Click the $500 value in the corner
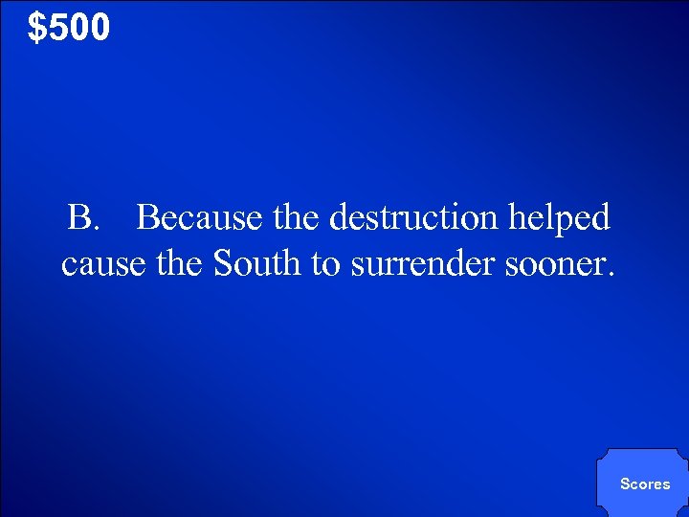click(69, 28)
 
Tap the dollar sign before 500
click(37, 28)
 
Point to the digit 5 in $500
click(56, 28)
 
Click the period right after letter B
click(95, 228)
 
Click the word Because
click(199, 218)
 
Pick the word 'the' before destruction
click(297, 218)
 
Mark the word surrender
click(420, 263)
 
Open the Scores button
click(644, 483)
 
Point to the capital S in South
click(224, 263)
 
